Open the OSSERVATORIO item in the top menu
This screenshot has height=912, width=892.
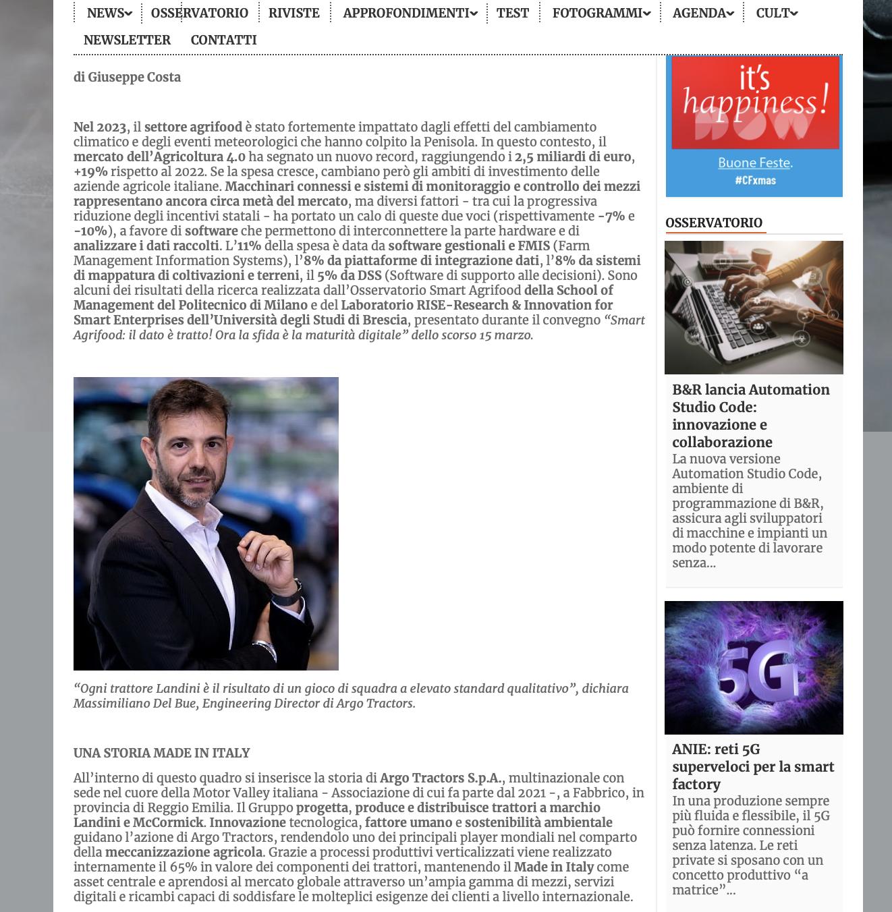coord(199,13)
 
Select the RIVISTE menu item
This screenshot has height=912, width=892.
coord(294,13)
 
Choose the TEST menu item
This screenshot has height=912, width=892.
coord(512,13)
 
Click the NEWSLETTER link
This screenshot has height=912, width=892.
coord(127,40)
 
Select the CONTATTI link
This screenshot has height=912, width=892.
coord(223,40)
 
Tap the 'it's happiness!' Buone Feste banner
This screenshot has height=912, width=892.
coord(754,126)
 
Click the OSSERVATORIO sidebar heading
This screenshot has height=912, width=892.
coord(713,223)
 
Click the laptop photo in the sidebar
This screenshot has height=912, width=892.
coord(754,307)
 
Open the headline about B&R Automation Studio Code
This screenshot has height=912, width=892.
coord(750,416)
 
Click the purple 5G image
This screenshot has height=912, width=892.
coord(754,667)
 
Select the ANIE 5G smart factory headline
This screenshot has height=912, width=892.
coord(752,766)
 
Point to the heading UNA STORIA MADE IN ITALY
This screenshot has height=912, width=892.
coord(161,753)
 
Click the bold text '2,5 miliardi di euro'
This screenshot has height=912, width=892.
coord(573,156)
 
